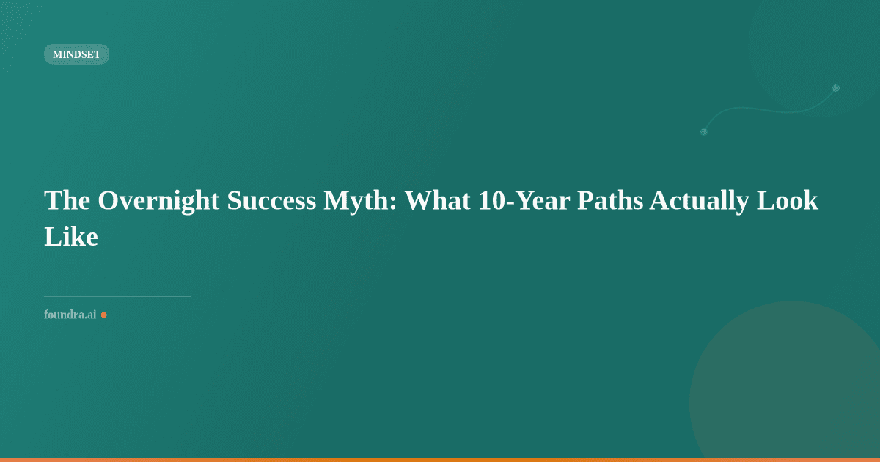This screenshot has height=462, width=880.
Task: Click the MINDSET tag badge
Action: pos(76,54)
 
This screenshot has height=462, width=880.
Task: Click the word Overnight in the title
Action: pos(158,200)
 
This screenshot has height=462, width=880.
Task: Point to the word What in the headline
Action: pos(436,200)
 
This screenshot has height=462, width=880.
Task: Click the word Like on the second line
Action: pos(71,236)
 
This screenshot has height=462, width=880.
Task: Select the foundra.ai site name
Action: pos(70,315)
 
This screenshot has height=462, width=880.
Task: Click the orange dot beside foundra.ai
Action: pos(103,315)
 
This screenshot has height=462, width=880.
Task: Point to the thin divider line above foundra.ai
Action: pos(117,296)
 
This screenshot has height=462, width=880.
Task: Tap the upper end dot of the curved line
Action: pos(835,88)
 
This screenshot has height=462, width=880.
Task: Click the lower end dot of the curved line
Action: pos(704,132)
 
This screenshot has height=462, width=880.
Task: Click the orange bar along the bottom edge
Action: pos(440,459)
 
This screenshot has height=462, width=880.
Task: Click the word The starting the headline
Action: pos(67,200)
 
